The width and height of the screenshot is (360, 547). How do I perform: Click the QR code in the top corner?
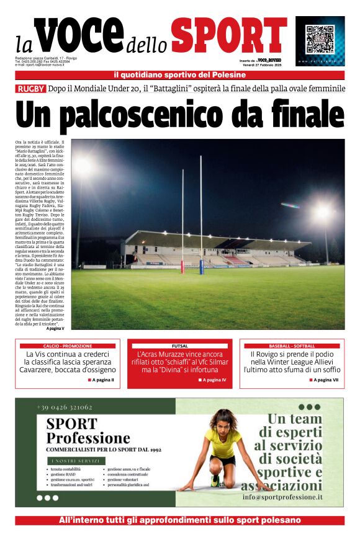320,38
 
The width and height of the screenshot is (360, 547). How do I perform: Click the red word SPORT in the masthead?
229,35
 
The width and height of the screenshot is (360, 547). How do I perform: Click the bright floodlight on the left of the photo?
82,166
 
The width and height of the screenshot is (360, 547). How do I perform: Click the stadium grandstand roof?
205,239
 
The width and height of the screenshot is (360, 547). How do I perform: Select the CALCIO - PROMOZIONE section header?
68,345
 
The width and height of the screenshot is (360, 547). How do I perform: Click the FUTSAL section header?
179,345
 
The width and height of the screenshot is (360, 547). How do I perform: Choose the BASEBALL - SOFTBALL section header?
292,345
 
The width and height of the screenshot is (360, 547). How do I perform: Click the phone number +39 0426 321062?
65,407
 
